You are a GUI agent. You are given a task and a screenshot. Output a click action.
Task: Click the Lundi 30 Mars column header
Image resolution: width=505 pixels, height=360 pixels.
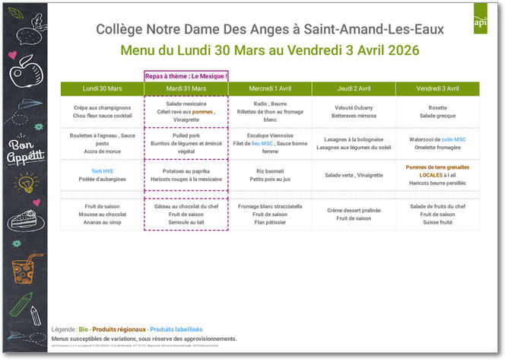click(x=102, y=89)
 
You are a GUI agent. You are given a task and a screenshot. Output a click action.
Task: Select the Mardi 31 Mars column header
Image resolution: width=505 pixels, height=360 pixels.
click(x=186, y=89)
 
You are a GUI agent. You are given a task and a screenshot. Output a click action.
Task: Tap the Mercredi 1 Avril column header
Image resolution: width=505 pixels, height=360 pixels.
click(x=269, y=89)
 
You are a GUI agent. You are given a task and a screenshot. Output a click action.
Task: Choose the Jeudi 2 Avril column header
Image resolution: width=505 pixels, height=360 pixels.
click(x=353, y=89)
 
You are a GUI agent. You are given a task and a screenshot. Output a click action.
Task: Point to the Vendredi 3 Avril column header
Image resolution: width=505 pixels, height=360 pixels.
click(x=437, y=89)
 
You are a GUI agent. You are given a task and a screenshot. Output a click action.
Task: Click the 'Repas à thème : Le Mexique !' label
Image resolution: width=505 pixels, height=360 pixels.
click(x=186, y=76)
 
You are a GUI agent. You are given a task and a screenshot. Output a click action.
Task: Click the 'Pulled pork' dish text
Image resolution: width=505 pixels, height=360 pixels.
click(x=186, y=135)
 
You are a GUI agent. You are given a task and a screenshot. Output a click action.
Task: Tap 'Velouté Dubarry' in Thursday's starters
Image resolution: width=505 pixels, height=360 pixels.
click(x=353, y=107)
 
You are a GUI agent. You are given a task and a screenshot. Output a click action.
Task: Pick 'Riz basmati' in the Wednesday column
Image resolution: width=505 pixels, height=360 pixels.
click(x=269, y=170)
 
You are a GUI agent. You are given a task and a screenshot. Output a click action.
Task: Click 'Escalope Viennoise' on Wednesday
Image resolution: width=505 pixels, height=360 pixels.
click(x=269, y=135)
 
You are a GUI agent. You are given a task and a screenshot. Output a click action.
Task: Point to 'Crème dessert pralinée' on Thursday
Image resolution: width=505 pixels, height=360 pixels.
click(x=353, y=210)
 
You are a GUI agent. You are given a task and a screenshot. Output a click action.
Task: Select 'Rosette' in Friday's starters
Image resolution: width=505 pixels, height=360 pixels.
click(x=437, y=107)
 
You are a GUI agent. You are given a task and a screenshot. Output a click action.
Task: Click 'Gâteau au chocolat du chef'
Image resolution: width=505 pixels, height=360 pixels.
click(x=186, y=206)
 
